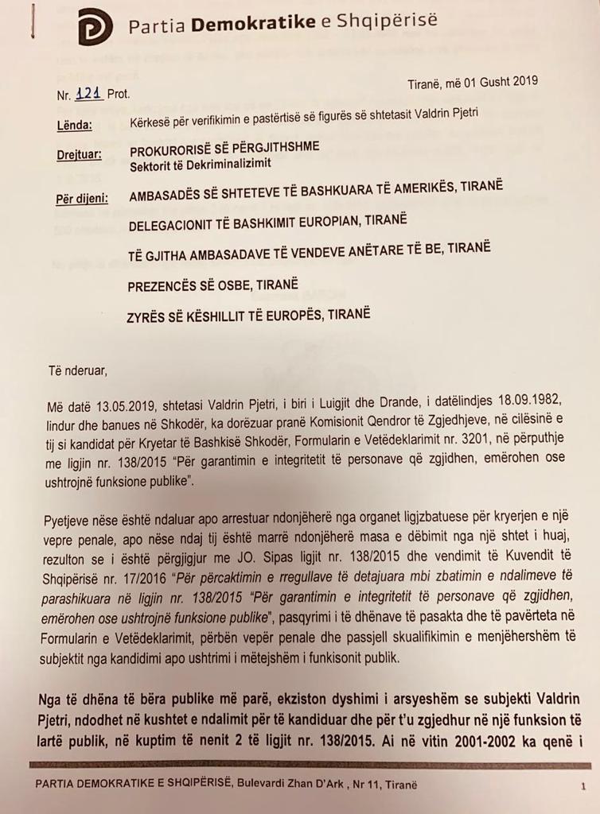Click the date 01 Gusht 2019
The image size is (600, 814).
pos(494,80)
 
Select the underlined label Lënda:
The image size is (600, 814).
pos(74,125)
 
